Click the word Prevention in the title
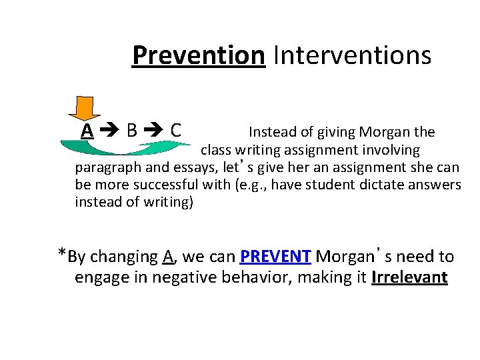199,55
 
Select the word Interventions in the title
351,55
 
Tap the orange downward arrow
85,109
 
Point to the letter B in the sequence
132,130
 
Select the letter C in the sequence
176,130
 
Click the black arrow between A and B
109,131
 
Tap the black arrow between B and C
154,131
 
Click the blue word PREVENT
275,257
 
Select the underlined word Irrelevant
409,277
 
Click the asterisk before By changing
61,254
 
